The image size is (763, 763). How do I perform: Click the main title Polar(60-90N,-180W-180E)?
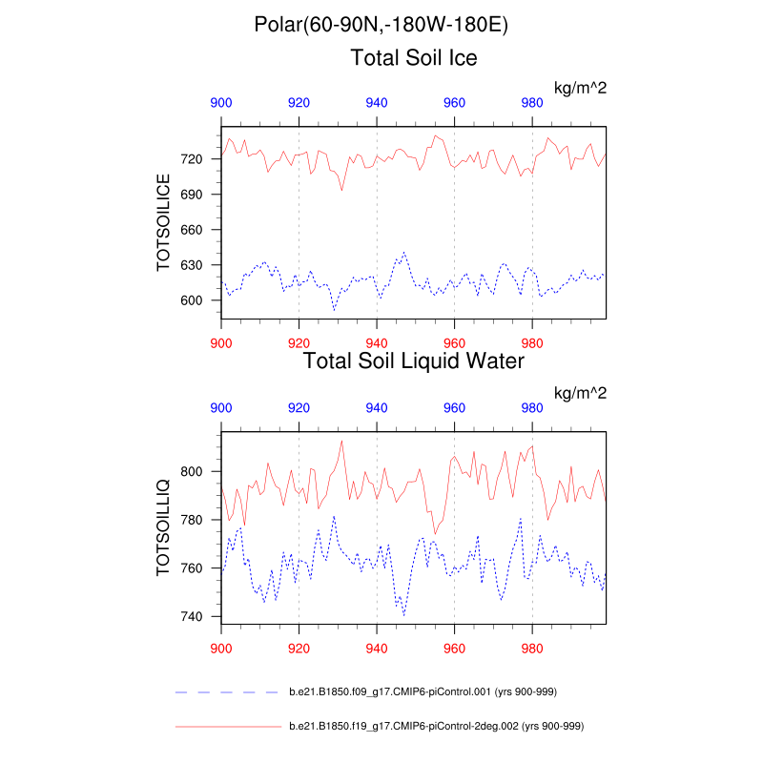coord(381,25)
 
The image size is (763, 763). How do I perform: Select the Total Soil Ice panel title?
coord(414,57)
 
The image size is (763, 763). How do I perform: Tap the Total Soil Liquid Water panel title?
coord(413,361)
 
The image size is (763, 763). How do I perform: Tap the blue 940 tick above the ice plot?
coord(377,103)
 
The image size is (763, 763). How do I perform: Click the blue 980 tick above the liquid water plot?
coord(532,407)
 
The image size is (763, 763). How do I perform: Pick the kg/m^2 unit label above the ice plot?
coord(581,88)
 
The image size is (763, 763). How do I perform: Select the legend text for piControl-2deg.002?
coord(435,727)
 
